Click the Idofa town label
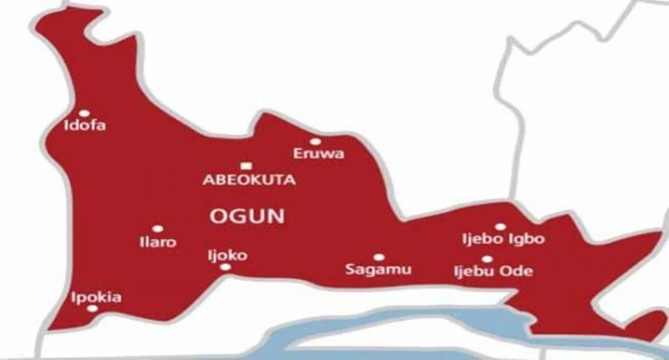[x=85, y=126]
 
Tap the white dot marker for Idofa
[x=84, y=113]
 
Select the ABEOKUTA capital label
[x=249, y=180]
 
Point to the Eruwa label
[x=319, y=154]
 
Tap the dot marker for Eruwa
[x=315, y=142]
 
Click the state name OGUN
[x=247, y=216]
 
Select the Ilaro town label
[x=158, y=242]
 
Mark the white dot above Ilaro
[x=158, y=229]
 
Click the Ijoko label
[x=227, y=255]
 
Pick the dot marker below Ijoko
[x=226, y=267]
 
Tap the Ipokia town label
[x=96, y=297]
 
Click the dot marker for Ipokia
[x=92, y=308]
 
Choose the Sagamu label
[x=379, y=269]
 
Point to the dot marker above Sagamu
[x=379, y=258]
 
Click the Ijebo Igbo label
[x=503, y=239]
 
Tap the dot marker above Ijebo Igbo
[x=500, y=227]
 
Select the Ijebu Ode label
[x=493, y=271]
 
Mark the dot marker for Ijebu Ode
[x=487, y=259]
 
